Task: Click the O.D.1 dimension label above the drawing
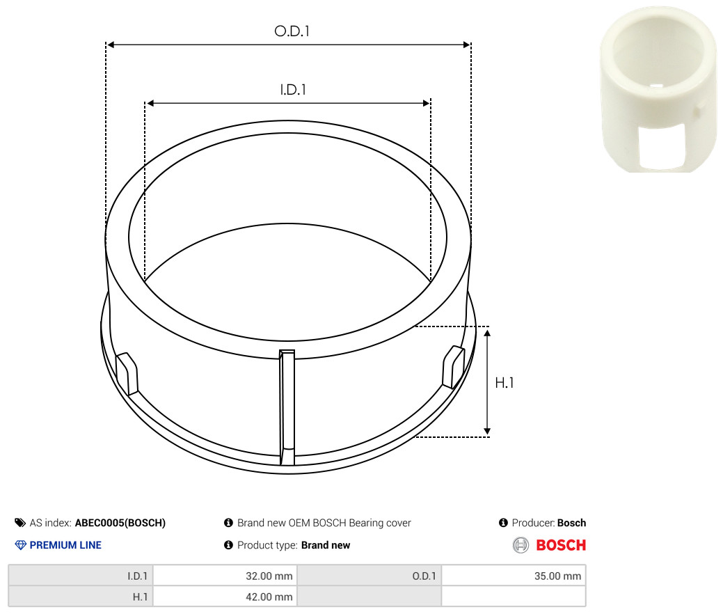(292, 31)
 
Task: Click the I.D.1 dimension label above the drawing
(293, 90)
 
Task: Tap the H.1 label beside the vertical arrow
(504, 382)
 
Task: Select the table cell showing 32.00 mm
(225, 576)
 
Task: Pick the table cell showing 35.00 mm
(514, 576)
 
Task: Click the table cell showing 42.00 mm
(225, 597)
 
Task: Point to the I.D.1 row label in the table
(81, 576)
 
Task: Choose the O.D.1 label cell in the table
(370, 576)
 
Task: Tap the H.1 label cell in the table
(81, 597)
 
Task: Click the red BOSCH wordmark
(561, 545)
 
